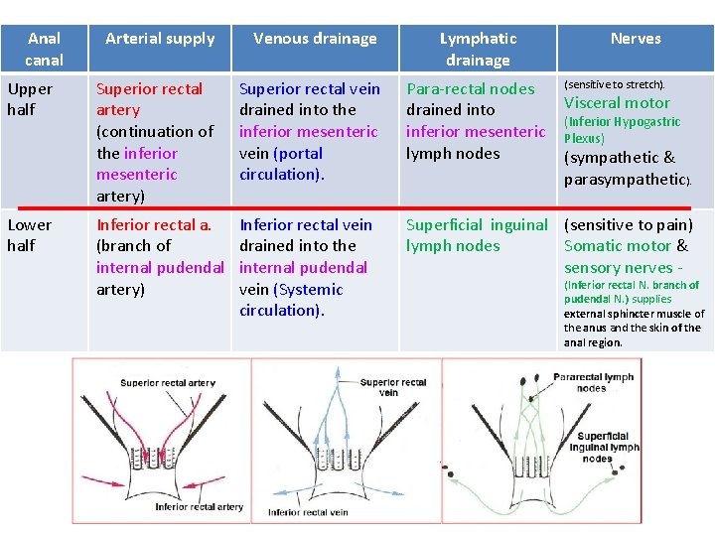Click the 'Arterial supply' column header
point(160,39)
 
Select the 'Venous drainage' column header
point(315,39)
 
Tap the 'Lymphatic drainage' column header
point(478,49)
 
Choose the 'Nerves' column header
point(636,39)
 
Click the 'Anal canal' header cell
point(44,49)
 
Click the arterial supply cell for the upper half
point(156,142)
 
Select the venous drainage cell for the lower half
point(304,267)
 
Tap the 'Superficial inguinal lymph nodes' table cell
point(477,235)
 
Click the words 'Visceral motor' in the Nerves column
point(617,102)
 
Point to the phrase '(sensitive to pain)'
point(629,225)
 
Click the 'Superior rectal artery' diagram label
point(168,383)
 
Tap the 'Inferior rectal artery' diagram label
point(199,506)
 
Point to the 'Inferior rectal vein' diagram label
point(308,512)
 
